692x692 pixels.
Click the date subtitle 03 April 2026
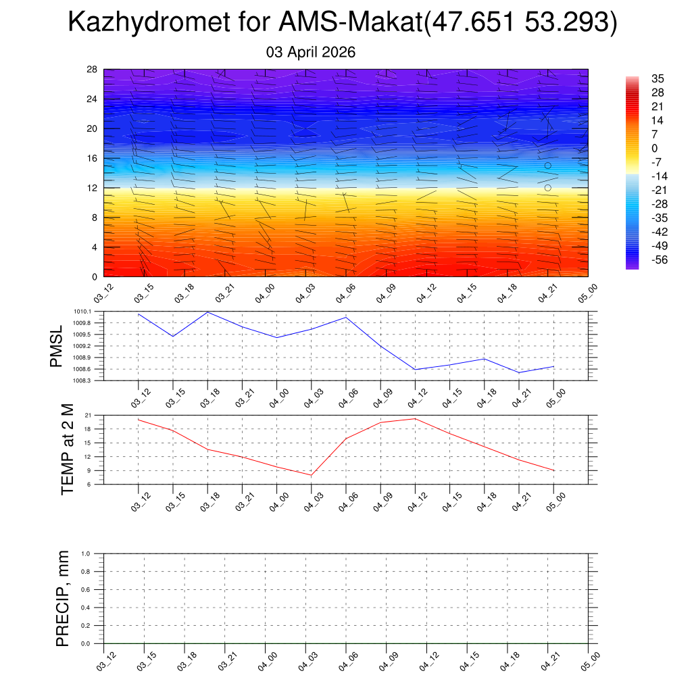pos(311,52)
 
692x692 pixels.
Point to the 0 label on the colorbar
pos(653,148)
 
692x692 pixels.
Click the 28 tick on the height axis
pos(93,70)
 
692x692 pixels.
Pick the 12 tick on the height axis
pos(93,188)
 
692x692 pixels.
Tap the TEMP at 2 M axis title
pos(67,450)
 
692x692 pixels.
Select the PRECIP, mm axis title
pos(63,599)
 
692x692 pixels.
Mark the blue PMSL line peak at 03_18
pos(207,312)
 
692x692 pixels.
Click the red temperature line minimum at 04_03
pos(312,475)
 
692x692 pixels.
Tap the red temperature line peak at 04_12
pos(415,419)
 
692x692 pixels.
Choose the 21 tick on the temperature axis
pos(88,415)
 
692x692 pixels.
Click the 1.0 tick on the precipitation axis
pos(86,553)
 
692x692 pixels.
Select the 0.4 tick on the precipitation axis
pos(86,608)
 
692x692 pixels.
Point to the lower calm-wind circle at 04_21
pos(547,188)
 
